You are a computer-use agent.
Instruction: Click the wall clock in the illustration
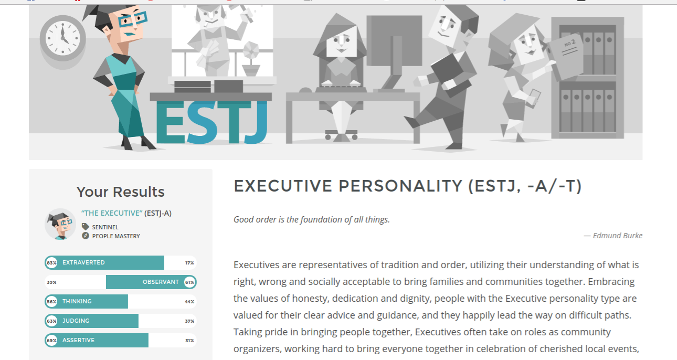pos(63,38)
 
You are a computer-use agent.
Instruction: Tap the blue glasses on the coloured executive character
pos(133,19)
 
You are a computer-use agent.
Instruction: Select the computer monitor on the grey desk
pos(394,53)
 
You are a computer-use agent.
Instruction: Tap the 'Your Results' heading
pos(120,192)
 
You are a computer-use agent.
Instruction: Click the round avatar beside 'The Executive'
pos(60,224)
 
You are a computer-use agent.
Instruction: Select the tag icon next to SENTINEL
pos(85,227)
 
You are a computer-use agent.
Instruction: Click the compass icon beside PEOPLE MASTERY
pos(86,236)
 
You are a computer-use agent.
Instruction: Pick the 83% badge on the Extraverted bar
pos(51,263)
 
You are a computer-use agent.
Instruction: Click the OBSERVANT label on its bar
pos(161,282)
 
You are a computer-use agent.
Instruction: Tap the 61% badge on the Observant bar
pos(189,282)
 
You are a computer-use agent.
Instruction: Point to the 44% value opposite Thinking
pos(189,302)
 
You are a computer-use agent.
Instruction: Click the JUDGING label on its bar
pos(76,321)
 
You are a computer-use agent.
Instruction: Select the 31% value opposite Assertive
pos(189,341)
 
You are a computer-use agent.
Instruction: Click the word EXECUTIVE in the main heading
pos(283,186)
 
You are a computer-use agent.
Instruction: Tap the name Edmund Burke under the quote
pos(618,236)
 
